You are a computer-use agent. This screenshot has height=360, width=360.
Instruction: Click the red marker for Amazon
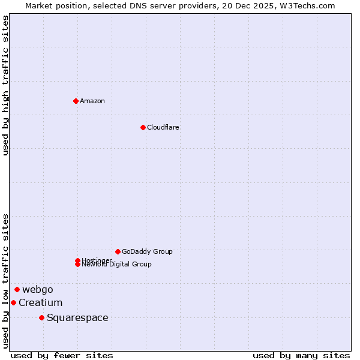76,101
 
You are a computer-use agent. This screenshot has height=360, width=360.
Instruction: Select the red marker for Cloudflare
143,127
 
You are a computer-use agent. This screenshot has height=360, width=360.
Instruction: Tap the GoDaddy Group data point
118,251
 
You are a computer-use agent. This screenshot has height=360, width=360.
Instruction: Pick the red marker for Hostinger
77,260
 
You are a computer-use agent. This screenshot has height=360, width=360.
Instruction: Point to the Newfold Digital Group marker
77,264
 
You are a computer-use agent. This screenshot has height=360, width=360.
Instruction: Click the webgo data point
17,289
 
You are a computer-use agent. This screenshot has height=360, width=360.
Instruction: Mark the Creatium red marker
13,302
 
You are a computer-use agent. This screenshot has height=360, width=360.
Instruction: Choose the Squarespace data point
41,317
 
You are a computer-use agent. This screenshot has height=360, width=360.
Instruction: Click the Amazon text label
92,101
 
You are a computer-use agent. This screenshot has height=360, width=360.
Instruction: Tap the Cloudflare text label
163,127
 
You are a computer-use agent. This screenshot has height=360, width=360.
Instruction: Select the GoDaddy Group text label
147,251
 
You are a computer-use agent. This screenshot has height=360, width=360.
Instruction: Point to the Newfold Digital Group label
117,265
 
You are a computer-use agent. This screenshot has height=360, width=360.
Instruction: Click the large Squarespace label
77,317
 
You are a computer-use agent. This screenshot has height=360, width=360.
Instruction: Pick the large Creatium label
40,302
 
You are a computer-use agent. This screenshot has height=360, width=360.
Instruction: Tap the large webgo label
38,289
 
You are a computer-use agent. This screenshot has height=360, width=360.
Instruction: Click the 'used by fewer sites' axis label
62,355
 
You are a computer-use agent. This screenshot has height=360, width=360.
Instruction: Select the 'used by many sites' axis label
301,355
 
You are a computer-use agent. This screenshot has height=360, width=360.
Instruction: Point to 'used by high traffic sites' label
6,86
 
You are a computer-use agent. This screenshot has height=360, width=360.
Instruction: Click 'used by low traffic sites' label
6,281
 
